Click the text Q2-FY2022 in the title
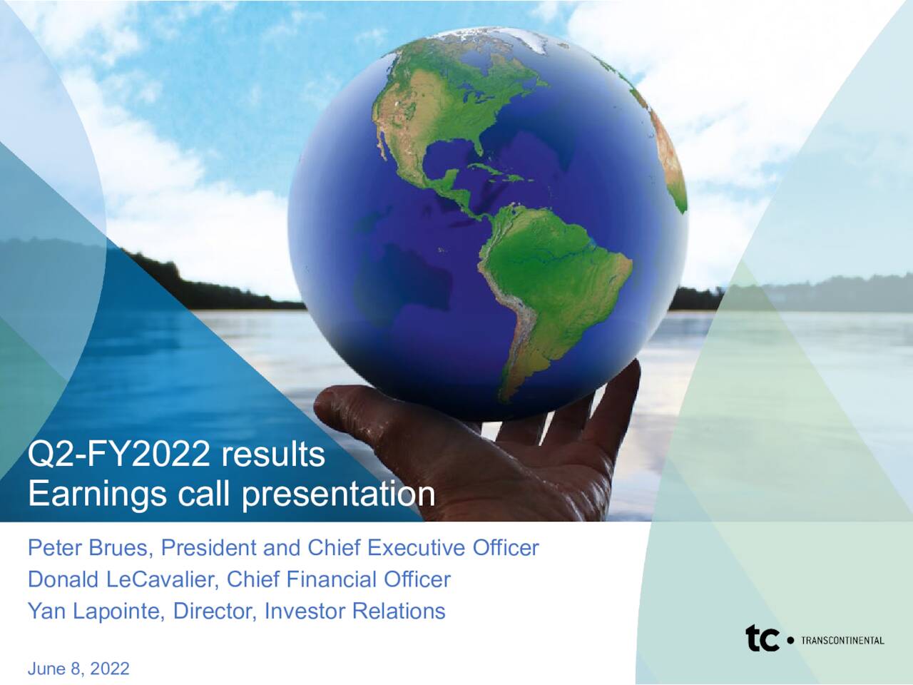click(118, 455)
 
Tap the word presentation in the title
click(338, 494)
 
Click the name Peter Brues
click(90, 548)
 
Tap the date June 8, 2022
click(78, 669)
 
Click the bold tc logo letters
click(762, 639)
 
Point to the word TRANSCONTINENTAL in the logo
click(842, 640)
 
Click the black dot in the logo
click(789, 641)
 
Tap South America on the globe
click(549, 278)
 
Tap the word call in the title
click(213, 494)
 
